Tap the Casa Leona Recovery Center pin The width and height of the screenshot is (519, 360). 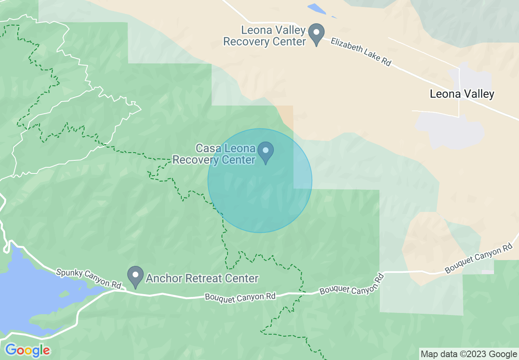pyautogui.click(x=266, y=152)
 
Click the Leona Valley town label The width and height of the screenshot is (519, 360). pyautogui.click(x=462, y=94)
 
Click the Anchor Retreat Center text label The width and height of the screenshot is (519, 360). pyautogui.click(x=202, y=279)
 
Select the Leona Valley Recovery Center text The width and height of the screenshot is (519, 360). pyautogui.click(x=264, y=36)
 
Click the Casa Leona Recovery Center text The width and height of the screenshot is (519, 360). pyautogui.click(x=214, y=154)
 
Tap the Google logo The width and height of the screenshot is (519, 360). pyautogui.click(x=27, y=350)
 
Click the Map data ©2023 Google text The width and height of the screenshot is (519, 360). pyautogui.click(x=469, y=354)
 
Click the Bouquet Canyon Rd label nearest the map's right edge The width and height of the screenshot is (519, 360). pyautogui.click(x=478, y=259)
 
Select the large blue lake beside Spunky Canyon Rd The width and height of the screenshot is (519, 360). pyautogui.click(x=25, y=295)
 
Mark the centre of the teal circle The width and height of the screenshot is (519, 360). pyautogui.click(x=260, y=181)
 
